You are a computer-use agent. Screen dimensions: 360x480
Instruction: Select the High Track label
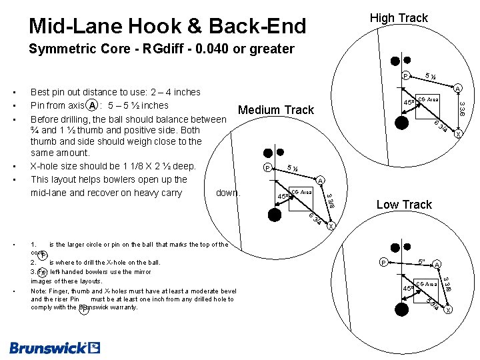(x=399, y=18)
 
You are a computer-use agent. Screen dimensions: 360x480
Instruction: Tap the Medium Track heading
(x=276, y=109)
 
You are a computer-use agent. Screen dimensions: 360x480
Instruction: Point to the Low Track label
(x=404, y=205)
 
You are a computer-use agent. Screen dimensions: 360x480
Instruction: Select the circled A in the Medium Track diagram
(x=320, y=181)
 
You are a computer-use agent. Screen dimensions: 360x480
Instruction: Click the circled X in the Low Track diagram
(x=448, y=311)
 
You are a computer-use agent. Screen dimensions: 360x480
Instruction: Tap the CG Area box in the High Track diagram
(x=427, y=99)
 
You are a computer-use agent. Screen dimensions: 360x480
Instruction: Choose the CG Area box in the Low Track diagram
(x=427, y=284)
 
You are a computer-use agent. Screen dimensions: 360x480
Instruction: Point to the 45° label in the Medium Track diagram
(x=283, y=197)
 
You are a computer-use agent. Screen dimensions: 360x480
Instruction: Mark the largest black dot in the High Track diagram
(x=401, y=122)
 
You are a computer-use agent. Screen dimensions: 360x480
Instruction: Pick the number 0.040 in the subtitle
(x=221, y=49)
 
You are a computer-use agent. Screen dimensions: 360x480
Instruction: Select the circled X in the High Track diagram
(x=457, y=134)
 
